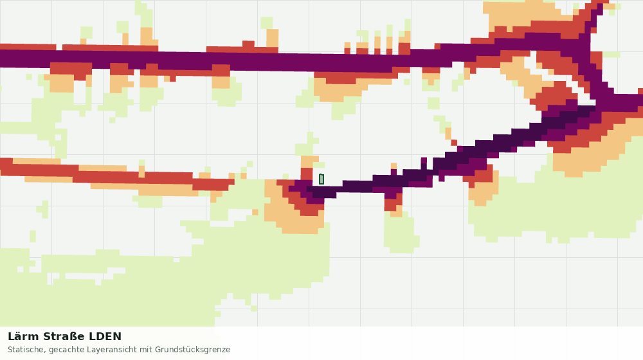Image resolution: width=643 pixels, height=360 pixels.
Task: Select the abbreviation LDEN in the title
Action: click(x=105, y=337)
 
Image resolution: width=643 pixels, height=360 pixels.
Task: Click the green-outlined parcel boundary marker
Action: click(x=321, y=179)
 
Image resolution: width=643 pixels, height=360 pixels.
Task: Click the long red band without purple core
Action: click(x=115, y=174)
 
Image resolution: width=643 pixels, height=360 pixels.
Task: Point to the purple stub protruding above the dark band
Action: click(x=424, y=163)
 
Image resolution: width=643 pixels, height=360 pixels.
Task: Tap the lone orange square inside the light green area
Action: click(x=255, y=212)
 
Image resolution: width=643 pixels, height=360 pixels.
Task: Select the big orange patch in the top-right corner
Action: click(x=525, y=14)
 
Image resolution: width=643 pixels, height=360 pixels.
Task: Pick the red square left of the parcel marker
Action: click(x=307, y=174)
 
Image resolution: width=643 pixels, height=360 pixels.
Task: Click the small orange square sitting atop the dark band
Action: click(x=394, y=166)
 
